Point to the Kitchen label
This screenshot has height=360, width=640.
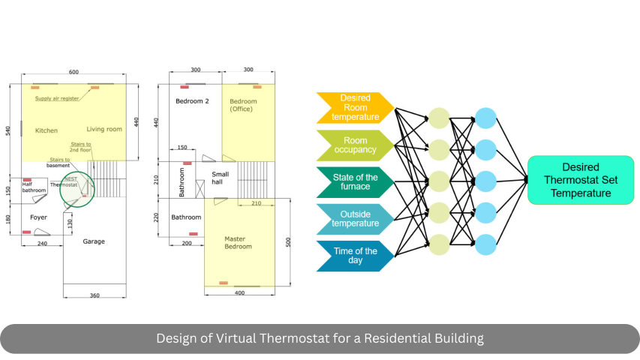click(47, 130)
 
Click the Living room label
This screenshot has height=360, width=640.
click(104, 130)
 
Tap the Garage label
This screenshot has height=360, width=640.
click(94, 241)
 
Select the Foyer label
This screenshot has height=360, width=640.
click(39, 217)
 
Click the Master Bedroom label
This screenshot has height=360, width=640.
click(238, 243)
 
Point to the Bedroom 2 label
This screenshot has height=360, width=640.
click(192, 101)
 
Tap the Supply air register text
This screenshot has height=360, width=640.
click(57, 98)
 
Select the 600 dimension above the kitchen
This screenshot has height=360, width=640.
click(74, 72)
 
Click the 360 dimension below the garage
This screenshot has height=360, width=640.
click(95, 295)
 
